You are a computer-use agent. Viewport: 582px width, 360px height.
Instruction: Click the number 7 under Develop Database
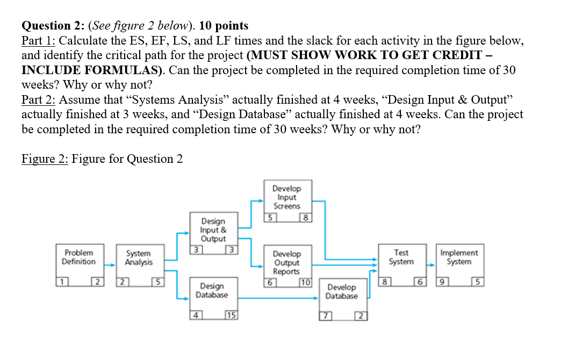(324, 315)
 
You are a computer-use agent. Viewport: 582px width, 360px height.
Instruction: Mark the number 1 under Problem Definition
(63, 282)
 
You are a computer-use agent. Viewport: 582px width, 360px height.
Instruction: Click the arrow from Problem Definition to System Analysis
(110, 265)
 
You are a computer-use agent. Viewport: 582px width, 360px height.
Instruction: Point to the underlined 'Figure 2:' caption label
(45, 159)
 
